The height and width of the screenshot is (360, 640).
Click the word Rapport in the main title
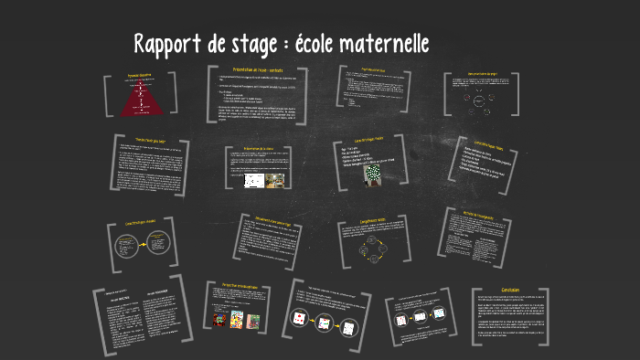click(165, 44)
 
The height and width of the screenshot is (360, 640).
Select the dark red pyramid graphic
click(141, 95)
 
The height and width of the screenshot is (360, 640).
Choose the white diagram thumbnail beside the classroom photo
click(251, 180)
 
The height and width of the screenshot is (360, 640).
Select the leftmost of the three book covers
click(219, 322)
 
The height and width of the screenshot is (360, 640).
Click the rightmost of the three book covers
click(253, 322)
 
